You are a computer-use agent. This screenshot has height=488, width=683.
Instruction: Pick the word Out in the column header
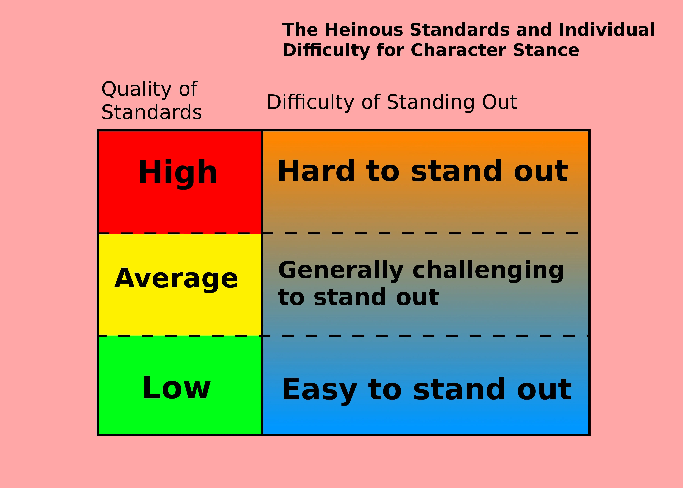500,102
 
